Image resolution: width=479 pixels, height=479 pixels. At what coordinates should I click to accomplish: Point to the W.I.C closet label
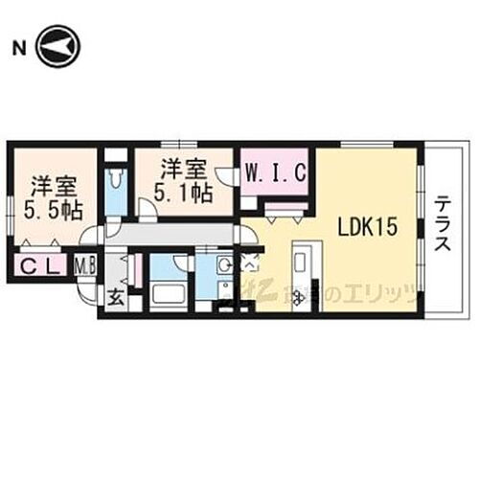tap(275, 174)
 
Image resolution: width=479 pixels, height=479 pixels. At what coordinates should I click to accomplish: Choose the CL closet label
tap(38, 264)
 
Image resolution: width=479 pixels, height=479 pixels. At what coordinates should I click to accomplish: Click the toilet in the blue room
tap(114, 179)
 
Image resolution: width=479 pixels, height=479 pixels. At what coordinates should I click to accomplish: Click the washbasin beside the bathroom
tap(222, 265)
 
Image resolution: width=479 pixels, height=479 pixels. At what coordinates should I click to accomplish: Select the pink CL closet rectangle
tap(38, 264)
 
